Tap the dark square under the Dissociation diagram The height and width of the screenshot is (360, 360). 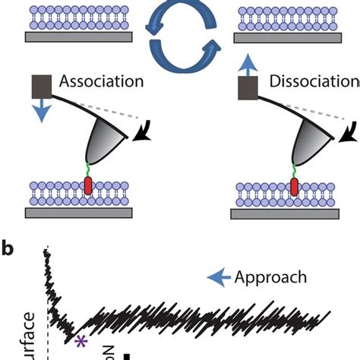pos(245,89)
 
